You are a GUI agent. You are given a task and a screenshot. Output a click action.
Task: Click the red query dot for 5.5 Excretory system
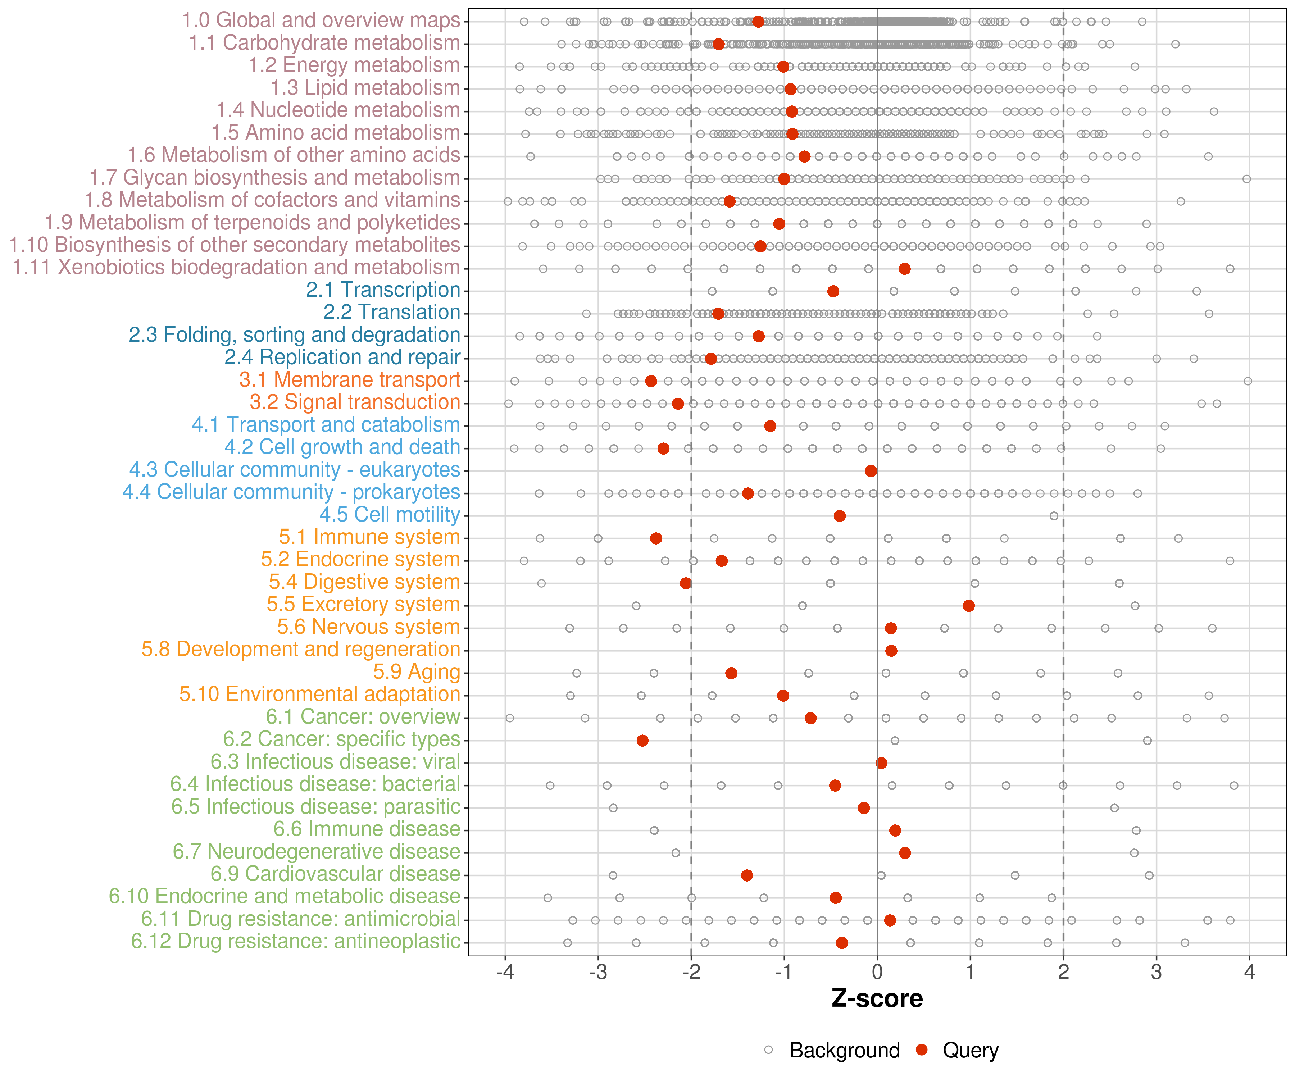[969, 605]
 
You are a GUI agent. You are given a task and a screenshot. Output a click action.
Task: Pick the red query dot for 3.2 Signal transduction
[678, 403]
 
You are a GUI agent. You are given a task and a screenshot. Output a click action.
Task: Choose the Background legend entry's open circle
[768, 1050]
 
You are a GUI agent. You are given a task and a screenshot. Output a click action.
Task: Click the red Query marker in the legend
[922, 1050]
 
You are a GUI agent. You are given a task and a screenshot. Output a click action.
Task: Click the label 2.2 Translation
[392, 312]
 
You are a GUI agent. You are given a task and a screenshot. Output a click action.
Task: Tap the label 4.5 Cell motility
[390, 514]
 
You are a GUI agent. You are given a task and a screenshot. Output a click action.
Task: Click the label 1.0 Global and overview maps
[321, 21]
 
